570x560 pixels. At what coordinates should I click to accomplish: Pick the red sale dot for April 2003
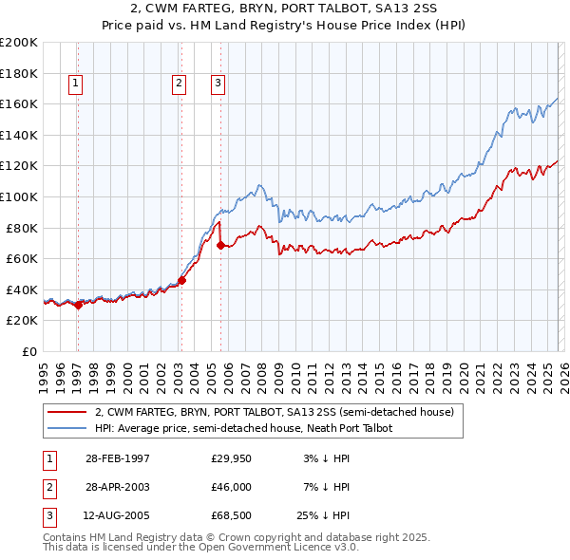tap(181, 280)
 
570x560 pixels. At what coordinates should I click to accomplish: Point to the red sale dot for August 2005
tap(220, 245)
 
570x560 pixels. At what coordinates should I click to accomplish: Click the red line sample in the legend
tap(67, 412)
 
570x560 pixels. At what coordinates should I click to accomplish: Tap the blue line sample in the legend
tap(67, 428)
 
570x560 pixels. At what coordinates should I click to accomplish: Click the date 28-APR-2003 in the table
tap(118, 487)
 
